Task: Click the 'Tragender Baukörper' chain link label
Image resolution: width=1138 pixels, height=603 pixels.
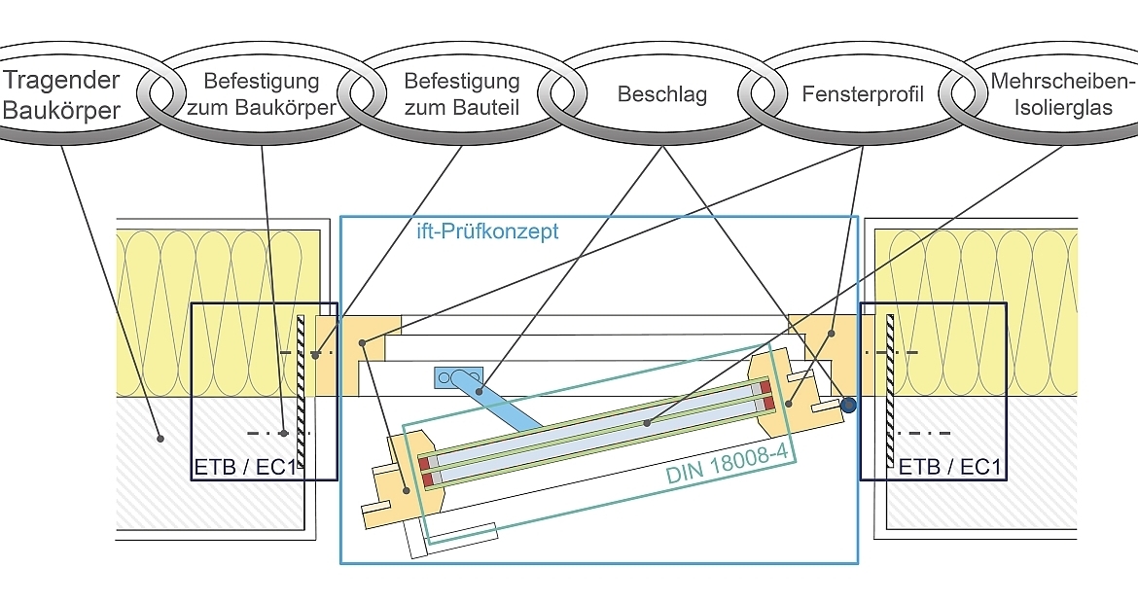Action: [x=60, y=94]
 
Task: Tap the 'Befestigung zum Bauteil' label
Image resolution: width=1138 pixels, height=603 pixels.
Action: [x=461, y=94]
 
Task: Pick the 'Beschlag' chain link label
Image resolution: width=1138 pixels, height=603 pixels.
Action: [x=661, y=94]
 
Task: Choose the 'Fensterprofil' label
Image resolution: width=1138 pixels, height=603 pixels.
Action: [x=863, y=94]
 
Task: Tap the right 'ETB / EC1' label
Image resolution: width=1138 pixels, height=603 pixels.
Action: [x=949, y=467]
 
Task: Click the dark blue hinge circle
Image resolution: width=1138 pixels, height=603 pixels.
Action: [x=849, y=406]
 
